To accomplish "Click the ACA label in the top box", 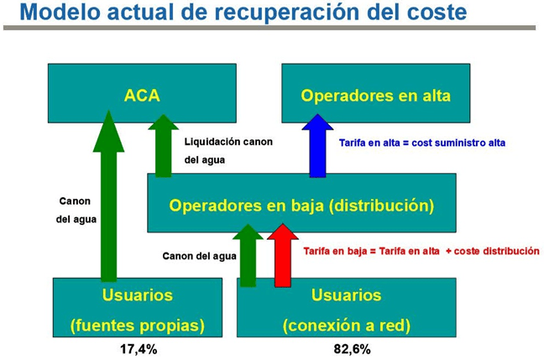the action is (x=142, y=96).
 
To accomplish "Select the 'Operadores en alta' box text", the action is (x=376, y=96).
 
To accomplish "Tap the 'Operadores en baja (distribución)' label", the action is (x=301, y=206).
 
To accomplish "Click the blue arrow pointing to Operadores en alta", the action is (x=317, y=146).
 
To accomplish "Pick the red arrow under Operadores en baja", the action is (x=283, y=255).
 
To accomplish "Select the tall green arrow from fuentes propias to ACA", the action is (x=108, y=196).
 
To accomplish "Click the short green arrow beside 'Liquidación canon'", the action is (x=163, y=146).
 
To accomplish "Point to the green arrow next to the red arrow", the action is (x=248, y=255).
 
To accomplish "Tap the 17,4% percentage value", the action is (x=139, y=349).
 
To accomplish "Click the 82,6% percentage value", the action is (x=352, y=349).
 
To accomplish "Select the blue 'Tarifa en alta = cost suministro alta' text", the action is (x=422, y=143).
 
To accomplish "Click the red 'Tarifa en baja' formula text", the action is (x=421, y=251).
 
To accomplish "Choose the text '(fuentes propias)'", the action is (x=138, y=326).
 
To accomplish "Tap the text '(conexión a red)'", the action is (x=347, y=326).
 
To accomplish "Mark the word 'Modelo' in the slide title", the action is (x=60, y=12).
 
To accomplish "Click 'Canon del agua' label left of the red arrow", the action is (x=199, y=256).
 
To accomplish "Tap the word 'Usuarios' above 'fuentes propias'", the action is (x=138, y=295).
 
